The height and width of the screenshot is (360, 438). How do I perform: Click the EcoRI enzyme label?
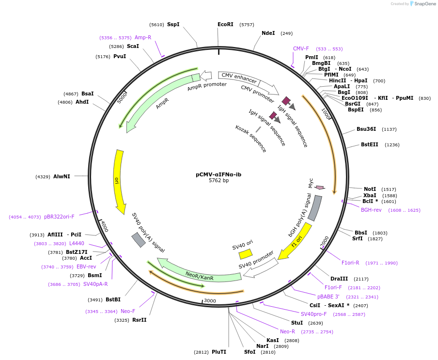(x=225, y=24)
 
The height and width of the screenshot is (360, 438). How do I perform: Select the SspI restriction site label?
(x=173, y=24)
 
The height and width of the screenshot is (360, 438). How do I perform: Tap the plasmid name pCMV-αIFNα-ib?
(x=219, y=174)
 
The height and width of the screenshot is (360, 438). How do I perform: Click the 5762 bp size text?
(x=219, y=180)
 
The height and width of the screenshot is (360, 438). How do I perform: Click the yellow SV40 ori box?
(x=246, y=254)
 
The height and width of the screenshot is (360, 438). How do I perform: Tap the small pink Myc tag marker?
(x=319, y=188)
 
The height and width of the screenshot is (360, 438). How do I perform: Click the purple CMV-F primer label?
(x=301, y=48)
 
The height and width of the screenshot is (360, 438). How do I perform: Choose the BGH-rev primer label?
(x=371, y=210)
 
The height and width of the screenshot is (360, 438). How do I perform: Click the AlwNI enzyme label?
(x=62, y=176)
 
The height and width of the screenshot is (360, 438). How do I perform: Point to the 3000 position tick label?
(x=210, y=300)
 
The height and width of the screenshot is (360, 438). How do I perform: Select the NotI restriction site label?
(x=370, y=189)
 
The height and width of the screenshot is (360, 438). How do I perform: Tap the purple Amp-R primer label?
(x=143, y=37)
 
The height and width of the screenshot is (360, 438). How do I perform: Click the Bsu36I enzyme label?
(x=367, y=129)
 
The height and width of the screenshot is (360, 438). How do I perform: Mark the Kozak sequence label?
(x=250, y=139)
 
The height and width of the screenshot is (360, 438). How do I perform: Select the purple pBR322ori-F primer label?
(x=62, y=217)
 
